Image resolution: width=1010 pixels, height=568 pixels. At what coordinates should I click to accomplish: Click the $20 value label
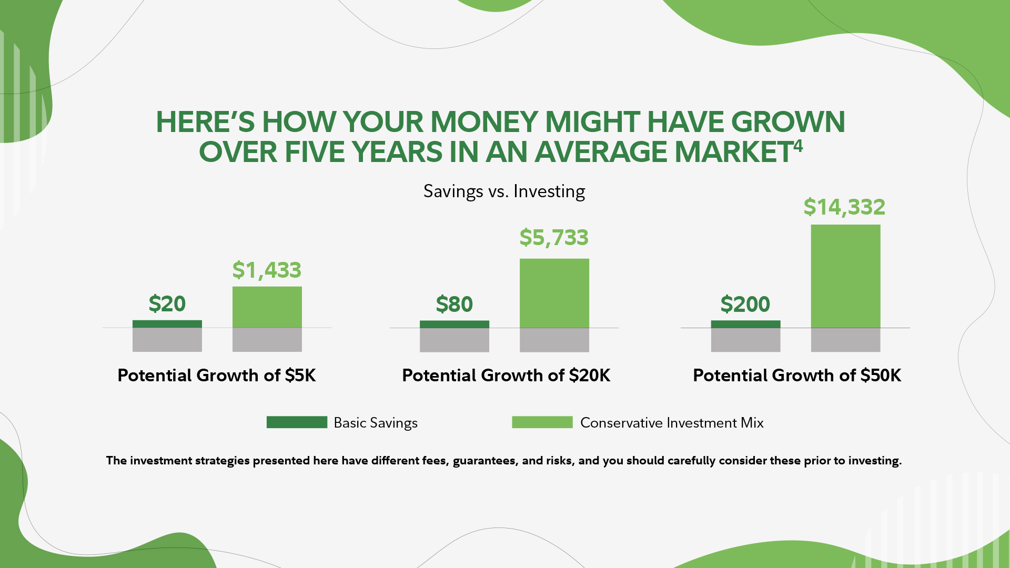167,304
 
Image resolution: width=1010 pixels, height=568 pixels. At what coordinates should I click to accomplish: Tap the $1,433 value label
267,270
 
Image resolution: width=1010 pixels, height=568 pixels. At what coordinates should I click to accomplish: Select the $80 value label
454,305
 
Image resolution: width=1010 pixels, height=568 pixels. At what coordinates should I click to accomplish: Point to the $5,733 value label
554,238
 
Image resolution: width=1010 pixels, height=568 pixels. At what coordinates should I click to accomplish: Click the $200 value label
745,305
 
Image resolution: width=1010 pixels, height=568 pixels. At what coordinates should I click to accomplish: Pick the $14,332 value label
844,207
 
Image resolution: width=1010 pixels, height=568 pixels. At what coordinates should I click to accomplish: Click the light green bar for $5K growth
267,307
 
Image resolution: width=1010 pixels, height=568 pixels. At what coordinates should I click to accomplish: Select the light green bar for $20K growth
554,293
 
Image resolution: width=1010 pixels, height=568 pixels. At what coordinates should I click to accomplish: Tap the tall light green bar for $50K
845,276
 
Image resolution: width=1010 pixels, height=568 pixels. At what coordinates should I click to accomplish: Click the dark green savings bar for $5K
167,324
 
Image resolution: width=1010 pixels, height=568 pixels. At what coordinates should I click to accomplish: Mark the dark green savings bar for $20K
454,324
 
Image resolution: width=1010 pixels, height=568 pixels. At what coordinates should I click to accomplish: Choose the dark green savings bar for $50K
745,324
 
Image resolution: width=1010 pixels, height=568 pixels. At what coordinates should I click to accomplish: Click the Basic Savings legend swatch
297,422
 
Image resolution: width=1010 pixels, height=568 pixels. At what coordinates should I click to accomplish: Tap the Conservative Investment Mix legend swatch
542,422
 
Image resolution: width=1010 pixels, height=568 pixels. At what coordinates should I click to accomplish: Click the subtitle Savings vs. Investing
504,191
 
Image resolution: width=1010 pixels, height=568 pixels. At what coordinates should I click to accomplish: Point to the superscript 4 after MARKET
798,146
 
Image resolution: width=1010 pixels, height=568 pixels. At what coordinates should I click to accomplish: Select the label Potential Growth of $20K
506,376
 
